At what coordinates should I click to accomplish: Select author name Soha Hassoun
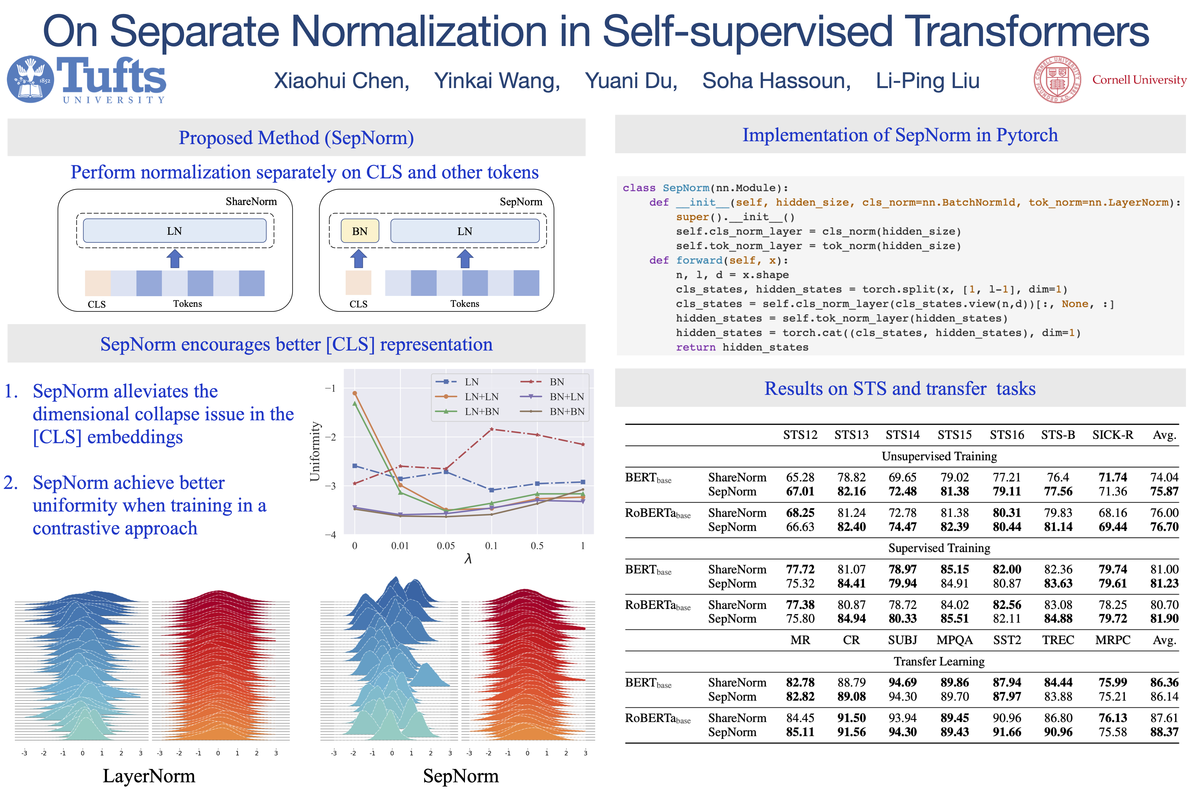(x=776, y=81)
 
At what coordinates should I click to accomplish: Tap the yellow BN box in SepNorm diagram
(x=360, y=231)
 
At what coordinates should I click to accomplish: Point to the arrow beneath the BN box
(x=359, y=258)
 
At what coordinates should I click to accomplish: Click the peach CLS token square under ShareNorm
(x=98, y=283)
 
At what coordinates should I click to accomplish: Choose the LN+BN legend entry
(x=481, y=412)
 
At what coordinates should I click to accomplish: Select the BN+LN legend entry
(x=566, y=397)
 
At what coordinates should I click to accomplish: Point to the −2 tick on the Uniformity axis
(x=330, y=437)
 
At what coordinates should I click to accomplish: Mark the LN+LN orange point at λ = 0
(x=355, y=393)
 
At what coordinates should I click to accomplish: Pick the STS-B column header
(x=1058, y=435)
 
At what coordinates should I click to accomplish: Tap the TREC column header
(x=1058, y=640)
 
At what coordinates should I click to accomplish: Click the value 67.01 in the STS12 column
(x=800, y=491)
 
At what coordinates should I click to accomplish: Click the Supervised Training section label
(x=939, y=548)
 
